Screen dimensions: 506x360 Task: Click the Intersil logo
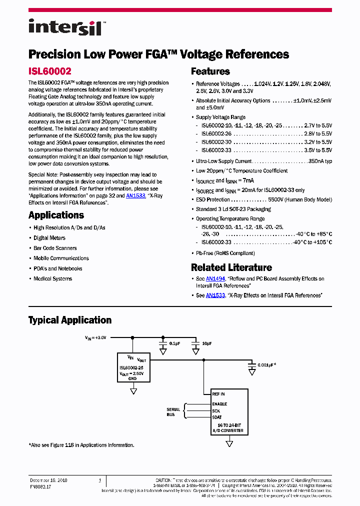[x=65, y=27]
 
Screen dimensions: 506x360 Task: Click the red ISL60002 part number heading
[x=49, y=72]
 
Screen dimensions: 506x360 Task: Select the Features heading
[x=210, y=71]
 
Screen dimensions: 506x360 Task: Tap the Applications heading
[x=56, y=215]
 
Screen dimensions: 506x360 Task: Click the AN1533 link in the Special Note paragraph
[x=135, y=196]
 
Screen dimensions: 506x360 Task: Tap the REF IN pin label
[x=218, y=394]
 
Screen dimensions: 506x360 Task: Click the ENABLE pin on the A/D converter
[x=219, y=404]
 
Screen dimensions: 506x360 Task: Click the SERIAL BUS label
[x=173, y=412]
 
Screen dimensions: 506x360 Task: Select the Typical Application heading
[x=69, y=320]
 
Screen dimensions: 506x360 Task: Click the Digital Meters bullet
[x=49, y=238]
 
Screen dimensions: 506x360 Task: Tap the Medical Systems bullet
[x=52, y=279]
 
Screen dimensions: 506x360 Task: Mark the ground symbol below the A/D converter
[x=229, y=443]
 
